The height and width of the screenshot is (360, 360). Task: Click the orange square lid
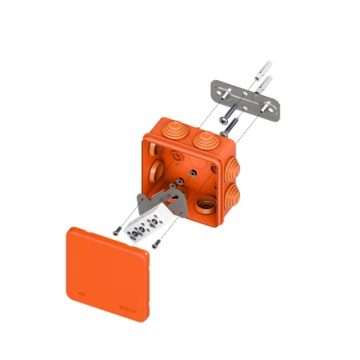(107, 273)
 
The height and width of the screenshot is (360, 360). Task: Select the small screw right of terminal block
(158, 244)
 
